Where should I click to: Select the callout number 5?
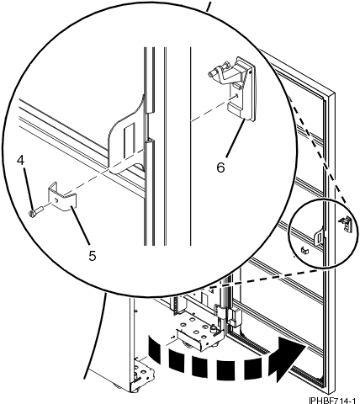90,251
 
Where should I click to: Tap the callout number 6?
220,167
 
